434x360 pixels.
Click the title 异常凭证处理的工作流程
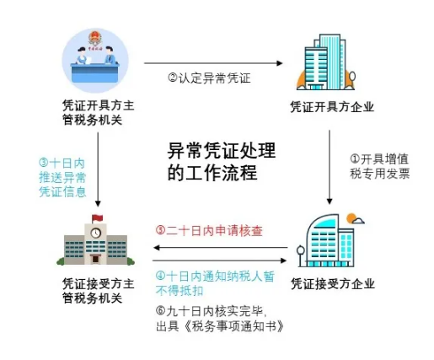(222, 161)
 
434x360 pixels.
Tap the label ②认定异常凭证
(209, 78)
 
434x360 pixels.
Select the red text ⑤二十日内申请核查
(209, 230)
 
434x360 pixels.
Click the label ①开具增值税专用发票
(379, 166)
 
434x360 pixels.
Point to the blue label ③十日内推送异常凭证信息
(62, 178)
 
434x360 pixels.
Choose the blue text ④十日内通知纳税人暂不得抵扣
(215, 283)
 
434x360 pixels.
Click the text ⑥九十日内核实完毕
(211, 311)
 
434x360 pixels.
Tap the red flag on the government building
(98, 218)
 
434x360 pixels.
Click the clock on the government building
(95, 233)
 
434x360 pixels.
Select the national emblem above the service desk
(95, 37)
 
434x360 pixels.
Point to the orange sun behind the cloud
(351, 218)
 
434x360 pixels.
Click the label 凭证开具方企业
(332, 107)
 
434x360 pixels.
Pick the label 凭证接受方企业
(332, 283)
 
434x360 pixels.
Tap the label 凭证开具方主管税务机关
(98, 112)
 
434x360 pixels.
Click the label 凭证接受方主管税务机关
(98, 291)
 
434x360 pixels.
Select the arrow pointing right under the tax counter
(213, 63)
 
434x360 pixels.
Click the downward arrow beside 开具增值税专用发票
(330, 167)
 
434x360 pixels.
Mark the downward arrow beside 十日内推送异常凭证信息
(98, 169)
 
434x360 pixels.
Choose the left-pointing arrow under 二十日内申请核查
(220, 248)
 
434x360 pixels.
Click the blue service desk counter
(94, 73)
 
